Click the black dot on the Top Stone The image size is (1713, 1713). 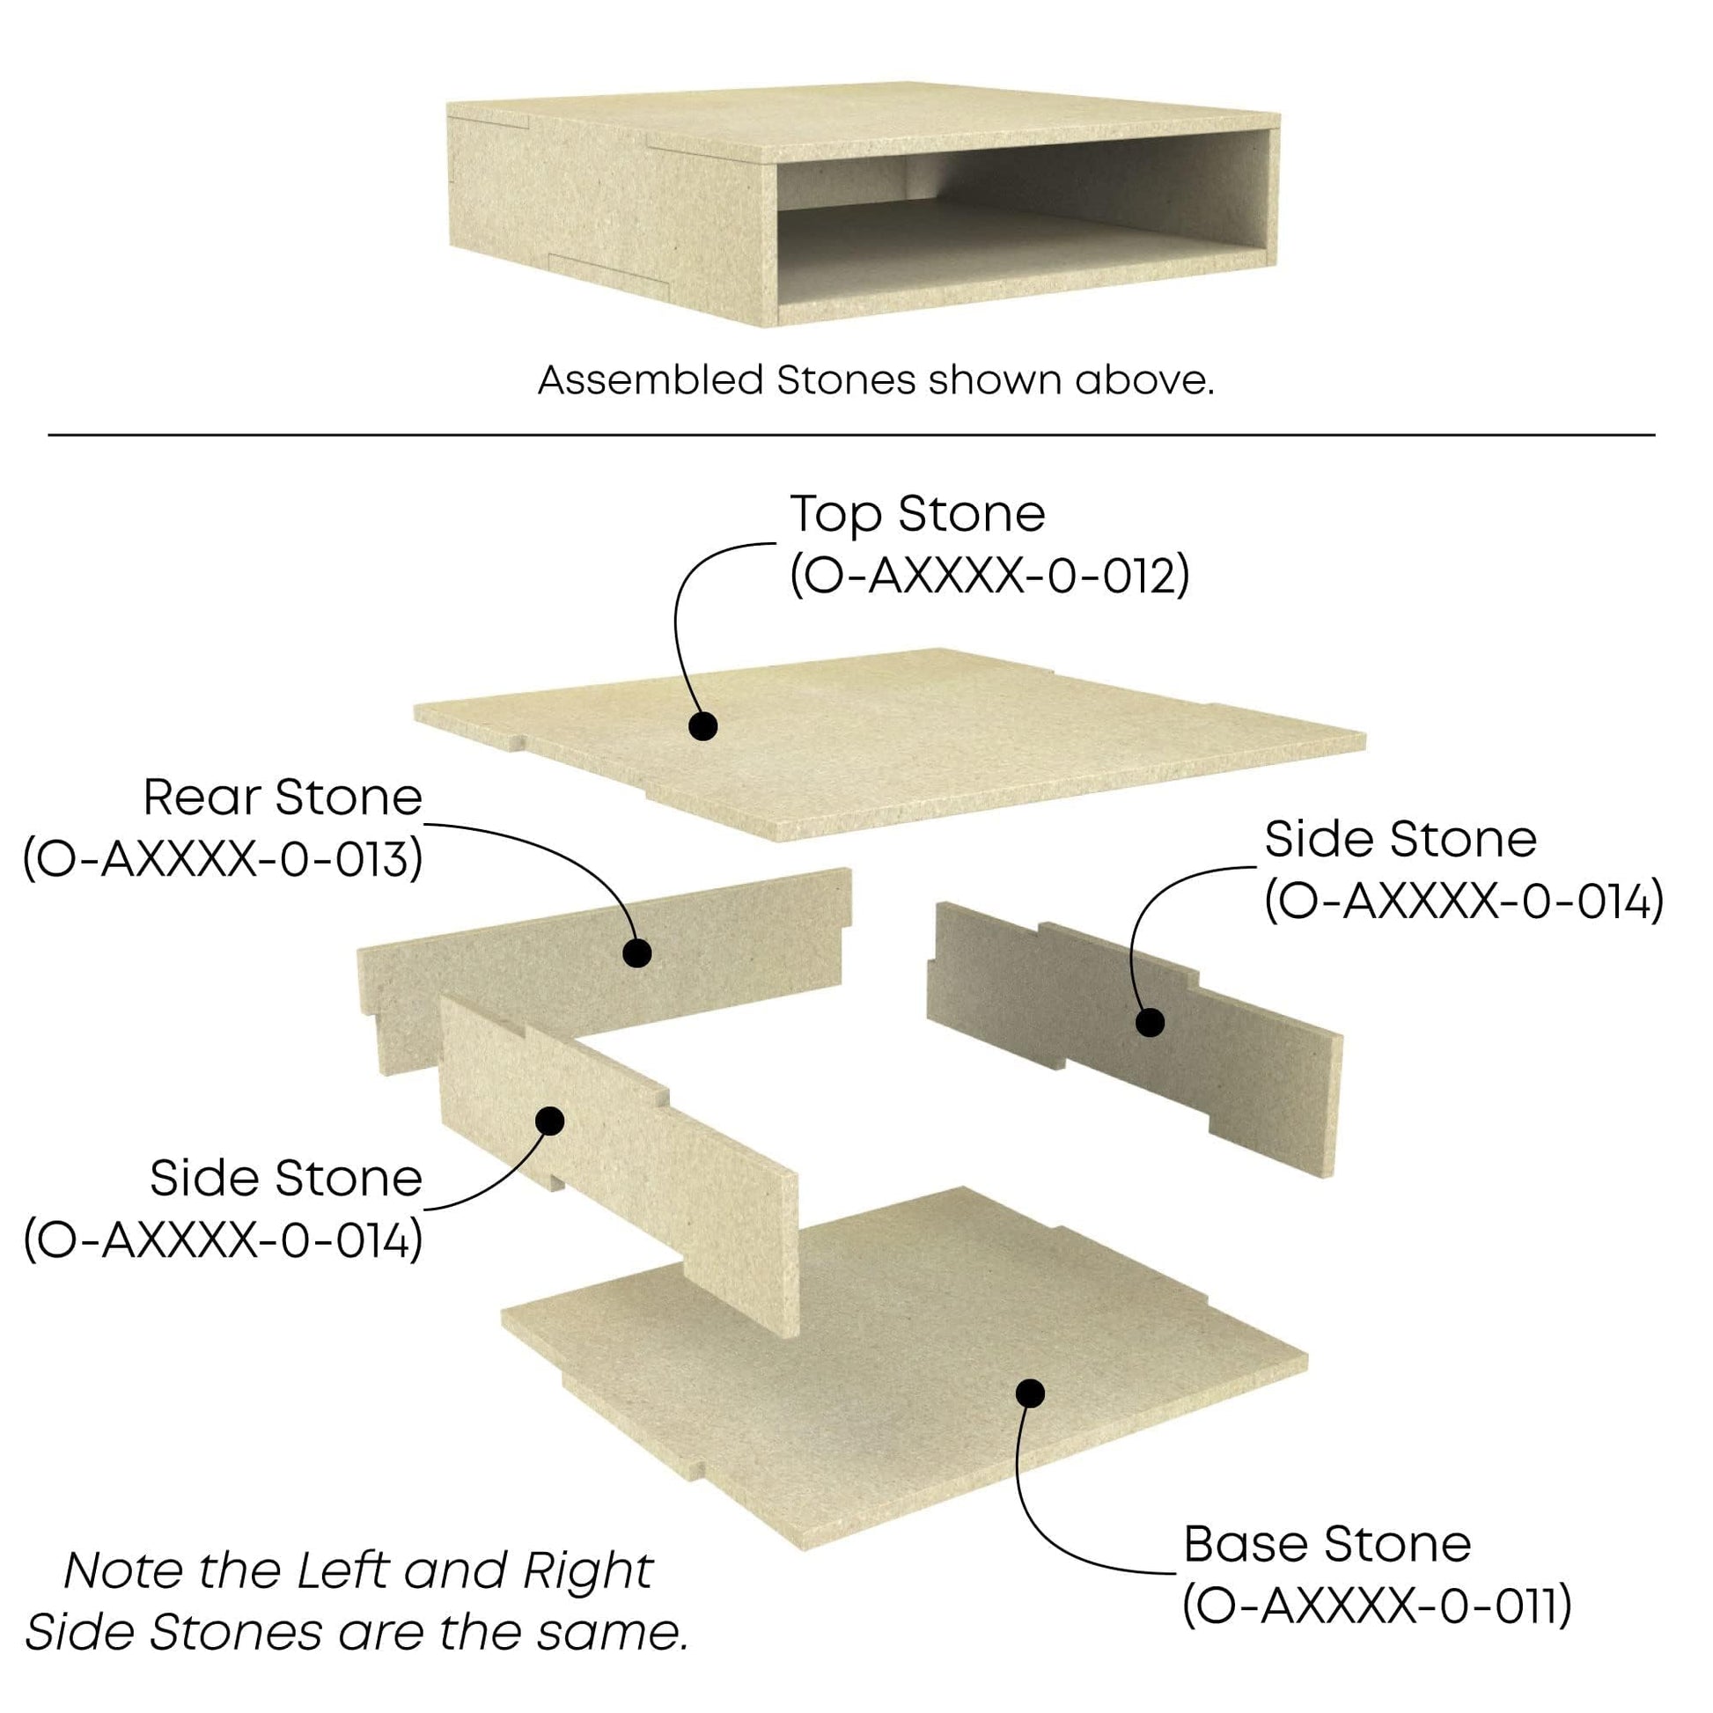[703, 726]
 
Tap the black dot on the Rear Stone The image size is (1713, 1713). [636, 953]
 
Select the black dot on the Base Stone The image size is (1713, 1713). [1029, 1393]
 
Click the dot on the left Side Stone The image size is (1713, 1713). [551, 1121]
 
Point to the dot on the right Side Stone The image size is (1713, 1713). [1150, 1022]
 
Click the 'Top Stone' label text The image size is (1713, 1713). [916, 515]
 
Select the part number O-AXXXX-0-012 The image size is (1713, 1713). [989, 577]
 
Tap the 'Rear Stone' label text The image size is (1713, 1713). [283, 798]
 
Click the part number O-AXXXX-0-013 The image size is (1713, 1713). [223, 860]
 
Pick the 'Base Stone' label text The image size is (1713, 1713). [1327, 1544]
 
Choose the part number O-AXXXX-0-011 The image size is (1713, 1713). [1376, 1605]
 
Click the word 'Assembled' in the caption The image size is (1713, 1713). [650, 380]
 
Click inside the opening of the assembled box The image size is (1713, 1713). [1019, 222]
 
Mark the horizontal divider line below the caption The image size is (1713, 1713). [851, 436]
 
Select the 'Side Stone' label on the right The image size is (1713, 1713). [1400, 840]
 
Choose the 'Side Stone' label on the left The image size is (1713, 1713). [285, 1179]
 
